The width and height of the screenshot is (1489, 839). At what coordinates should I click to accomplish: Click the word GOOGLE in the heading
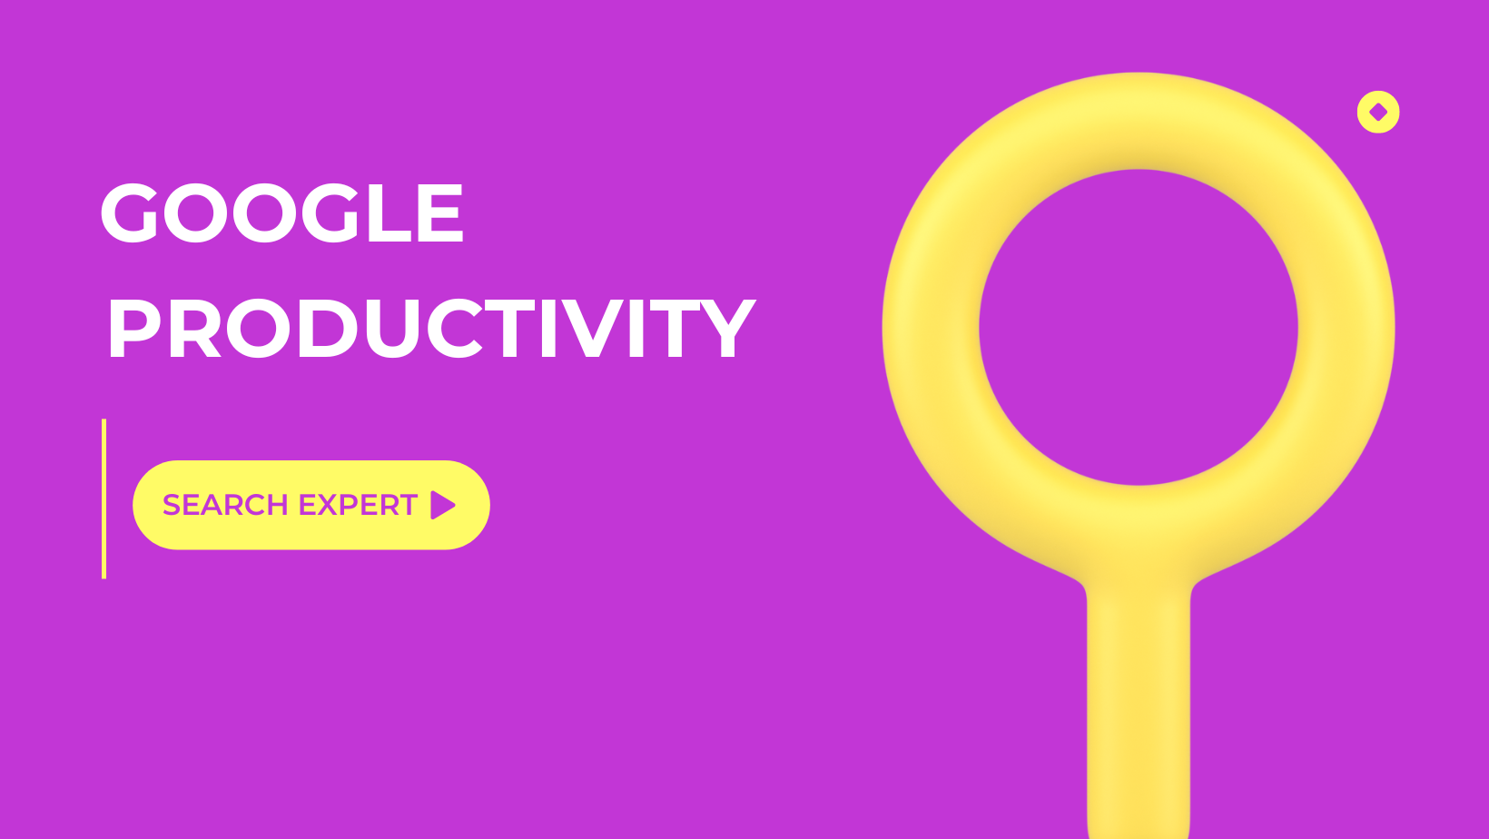(281, 212)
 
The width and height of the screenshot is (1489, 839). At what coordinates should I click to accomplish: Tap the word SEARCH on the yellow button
(225, 505)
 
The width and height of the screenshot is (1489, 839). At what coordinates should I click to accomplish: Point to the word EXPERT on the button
(358, 505)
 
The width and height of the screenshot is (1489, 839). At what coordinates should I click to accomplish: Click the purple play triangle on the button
(442, 505)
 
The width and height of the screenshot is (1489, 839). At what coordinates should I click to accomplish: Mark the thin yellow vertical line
(104, 498)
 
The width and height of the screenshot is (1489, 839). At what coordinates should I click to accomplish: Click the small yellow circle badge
(1378, 113)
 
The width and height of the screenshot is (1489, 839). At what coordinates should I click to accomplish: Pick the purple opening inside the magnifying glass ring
(1138, 327)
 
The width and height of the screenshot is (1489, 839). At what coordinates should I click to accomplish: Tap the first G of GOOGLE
(129, 212)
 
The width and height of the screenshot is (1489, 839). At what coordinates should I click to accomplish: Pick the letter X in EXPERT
(326, 505)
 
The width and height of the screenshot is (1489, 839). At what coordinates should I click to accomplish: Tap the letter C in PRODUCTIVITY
(455, 329)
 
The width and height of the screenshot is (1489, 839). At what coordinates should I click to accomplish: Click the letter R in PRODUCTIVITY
(194, 329)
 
